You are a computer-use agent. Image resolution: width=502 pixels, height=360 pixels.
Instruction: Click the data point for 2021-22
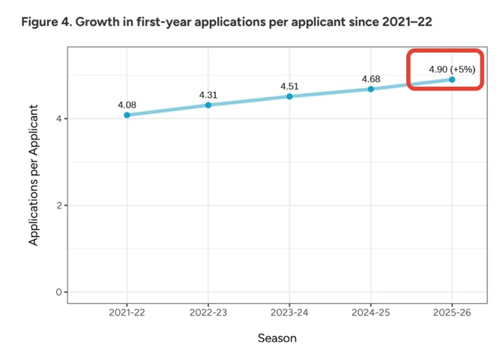point(127,115)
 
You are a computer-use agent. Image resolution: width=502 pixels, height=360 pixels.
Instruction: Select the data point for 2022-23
point(208,105)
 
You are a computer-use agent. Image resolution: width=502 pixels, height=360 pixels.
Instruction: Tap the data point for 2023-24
point(289,97)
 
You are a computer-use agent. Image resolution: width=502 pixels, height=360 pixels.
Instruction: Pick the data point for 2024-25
point(371,89)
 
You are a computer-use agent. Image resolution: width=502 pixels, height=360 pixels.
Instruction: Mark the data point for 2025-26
point(452,80)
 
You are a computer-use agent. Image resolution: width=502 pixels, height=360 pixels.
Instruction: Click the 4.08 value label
point(127,104)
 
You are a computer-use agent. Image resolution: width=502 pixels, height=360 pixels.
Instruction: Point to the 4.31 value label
point(208,94)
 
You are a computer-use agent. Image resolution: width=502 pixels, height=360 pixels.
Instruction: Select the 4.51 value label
point(289,86)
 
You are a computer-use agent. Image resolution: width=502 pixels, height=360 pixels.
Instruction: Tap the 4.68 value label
point(371,78)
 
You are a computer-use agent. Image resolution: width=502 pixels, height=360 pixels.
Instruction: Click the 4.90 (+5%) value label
point(448,68)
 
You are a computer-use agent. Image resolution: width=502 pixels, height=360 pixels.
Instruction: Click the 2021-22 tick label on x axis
point(127,312)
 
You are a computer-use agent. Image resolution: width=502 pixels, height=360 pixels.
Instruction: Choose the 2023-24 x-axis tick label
point(289,312)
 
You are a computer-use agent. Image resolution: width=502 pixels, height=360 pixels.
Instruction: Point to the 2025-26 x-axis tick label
point(452,312)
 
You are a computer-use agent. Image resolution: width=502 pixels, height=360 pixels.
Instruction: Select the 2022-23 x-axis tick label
point(208,312)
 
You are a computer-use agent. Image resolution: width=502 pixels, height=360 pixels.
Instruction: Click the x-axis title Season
point(277,338)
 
